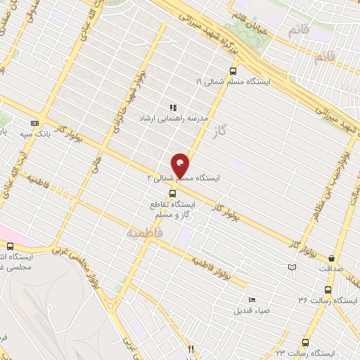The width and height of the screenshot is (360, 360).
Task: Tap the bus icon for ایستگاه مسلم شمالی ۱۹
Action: click(233, 70)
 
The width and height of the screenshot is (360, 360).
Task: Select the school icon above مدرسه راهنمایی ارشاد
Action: click(172, 108)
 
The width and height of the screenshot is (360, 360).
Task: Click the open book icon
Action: click(292, 267)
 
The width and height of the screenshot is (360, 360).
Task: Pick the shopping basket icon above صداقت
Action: click(331, 258)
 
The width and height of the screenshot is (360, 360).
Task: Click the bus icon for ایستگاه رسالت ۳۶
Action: click(328, 290)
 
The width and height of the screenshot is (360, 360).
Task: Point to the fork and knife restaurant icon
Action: click(189, 348)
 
